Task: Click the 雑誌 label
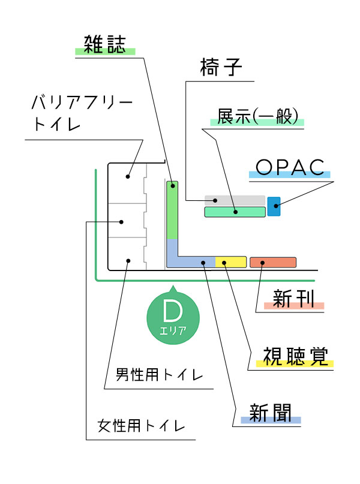pyautogui.click(x=105, y=44)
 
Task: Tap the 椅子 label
pyautogui.click(x=221, y=67)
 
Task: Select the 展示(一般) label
pyautogui.click(x=257, y=116)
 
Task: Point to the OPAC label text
pyautogui.click(x=290, y=167)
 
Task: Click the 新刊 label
pyautogui.click(x=293, y=299)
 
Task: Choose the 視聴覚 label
pyautogui.click(x=295, y=356)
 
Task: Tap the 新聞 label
pyautogui.click(x=271, y=413)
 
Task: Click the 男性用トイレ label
pyautogui.click(x=160, y=375)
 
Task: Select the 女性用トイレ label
pyautogui.click(x=141, y=426)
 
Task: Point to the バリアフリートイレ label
pyautogui.click(x=82, y=113)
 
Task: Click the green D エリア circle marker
pyautogui.click(x=173, y=317)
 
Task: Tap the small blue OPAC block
pyautogui.click(x=274, y=206)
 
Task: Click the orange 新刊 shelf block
pyautogui.click(x=273, y=262)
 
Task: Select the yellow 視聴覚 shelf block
pyautogui.click(x=230, y=262)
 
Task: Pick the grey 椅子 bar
pyautogui.click(x=235, y=200)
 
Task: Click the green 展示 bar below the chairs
pyautogui.click(x=235, y=212)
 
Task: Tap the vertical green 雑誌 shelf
pyautogui.click(x=172, y=210)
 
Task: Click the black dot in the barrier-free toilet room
pyautogui.click(x=128, y=176)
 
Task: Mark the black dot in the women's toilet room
pyautogui.click(x=121, y=222)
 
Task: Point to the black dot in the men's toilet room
pyautogui.click(x=128, y=261)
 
